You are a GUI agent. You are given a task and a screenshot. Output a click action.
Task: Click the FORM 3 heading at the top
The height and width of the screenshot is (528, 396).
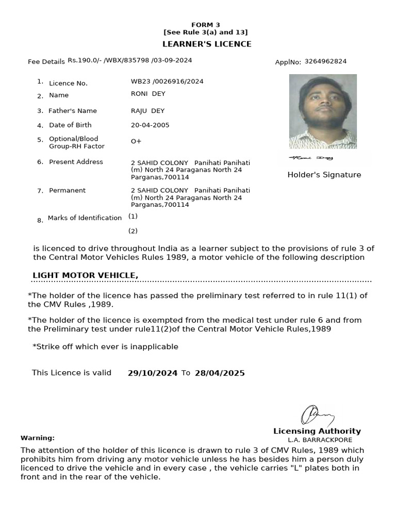[205, 25]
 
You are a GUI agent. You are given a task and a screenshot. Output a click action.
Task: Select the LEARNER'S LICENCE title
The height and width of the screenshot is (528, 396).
[207, 44]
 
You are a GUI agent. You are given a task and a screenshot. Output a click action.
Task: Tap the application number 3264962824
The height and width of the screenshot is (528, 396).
[325, 61]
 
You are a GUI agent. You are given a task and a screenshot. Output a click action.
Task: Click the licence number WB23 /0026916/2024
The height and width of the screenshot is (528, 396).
[167, 81]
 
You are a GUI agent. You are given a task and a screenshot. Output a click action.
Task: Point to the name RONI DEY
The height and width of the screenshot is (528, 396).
[148, 93]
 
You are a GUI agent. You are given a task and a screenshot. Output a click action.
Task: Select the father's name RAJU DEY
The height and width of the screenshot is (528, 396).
[147, 111]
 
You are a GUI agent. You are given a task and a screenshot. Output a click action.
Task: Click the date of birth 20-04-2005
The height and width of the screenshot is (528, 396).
[150, 125]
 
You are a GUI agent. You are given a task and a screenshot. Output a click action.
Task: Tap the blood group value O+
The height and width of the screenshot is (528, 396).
[136, 141]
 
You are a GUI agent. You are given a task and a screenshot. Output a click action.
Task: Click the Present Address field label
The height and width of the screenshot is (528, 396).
[76, 162]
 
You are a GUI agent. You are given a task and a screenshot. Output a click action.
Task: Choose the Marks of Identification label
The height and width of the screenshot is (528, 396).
[85, 218]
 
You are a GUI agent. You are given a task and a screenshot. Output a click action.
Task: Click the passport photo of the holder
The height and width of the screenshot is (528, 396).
[323, 111]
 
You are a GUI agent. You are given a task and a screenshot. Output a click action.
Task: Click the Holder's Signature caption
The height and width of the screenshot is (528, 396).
[324, 175]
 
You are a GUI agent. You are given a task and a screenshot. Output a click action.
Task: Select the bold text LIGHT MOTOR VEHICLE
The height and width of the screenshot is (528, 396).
[85, 275]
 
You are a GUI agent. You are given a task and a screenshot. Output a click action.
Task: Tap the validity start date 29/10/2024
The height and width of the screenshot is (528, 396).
[153, 373]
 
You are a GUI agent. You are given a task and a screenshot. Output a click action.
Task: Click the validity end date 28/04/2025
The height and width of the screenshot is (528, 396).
[220, 373]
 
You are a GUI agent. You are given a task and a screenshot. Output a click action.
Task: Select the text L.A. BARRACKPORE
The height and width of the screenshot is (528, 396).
[320, 440]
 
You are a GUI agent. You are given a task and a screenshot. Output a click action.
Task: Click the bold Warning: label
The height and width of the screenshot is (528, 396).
[37, 438]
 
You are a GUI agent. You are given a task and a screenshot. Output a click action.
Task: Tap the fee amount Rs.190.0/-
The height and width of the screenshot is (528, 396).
[85, 60]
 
